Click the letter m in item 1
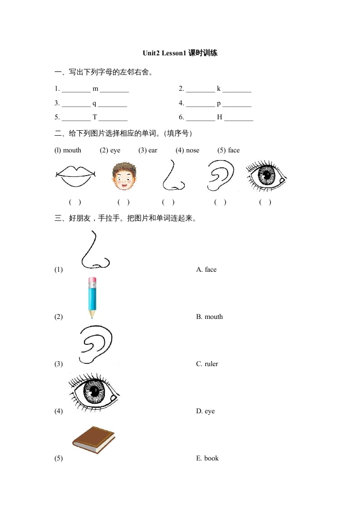click(x=95, y=89)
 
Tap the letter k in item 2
click(x=218, y=89)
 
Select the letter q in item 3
click(x=94, y=103)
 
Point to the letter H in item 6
click(x=219, y=117)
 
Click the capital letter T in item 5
click(x=95, y=117)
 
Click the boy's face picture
click(x=124, y=176)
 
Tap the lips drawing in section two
click(x=75, y=176)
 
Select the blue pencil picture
click(x=93, y=298)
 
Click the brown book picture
click(x=94, y=439)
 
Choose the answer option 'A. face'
click(x=206, y=269)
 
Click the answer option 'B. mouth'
click(x=209, y=317)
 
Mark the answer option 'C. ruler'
click(x=207, y=364)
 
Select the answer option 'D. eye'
click(x=205, y=411)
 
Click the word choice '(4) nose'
click(x=187, y=150)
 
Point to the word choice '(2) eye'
click(x=110, y=150)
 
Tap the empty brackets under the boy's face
click(x=123, y=202)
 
